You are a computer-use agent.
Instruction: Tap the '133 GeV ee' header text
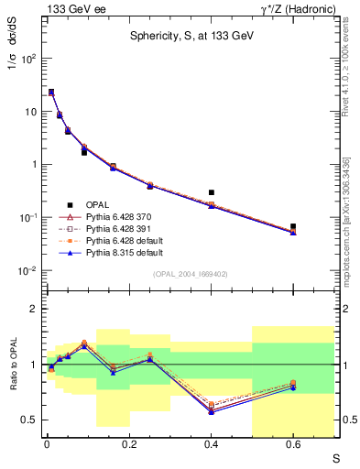[70, 8]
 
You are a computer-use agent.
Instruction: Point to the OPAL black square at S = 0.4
[212, 192]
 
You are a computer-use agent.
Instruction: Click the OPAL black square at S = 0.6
[294, 226]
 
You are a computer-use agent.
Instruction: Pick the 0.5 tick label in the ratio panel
[30, 420]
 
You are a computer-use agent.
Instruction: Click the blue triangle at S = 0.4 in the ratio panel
[212, 412]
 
